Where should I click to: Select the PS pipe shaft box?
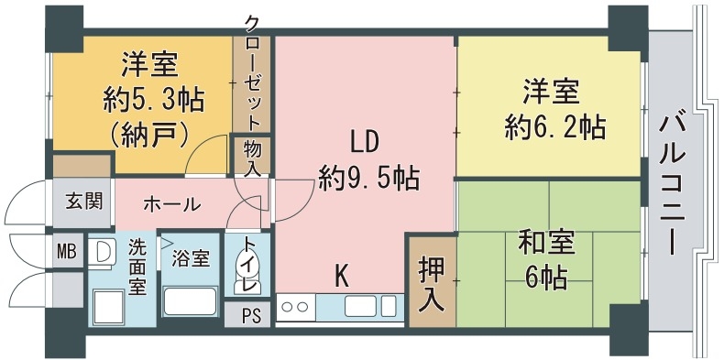(253, 316)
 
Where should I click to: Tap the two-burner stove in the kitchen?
(296, 306)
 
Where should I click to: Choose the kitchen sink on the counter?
(360, 305)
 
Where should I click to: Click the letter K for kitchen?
(340, 273)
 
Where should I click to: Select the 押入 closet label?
(431, 282)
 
